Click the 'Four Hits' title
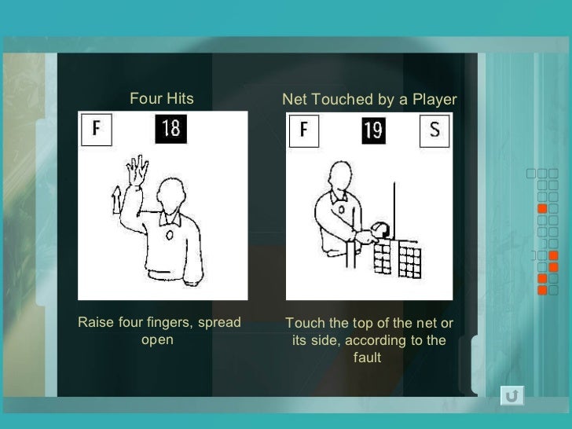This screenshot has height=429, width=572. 161,99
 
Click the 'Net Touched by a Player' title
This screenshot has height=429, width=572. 369,100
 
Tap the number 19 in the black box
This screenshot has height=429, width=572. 373,130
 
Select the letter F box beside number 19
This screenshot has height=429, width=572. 303,130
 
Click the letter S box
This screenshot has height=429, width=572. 434,130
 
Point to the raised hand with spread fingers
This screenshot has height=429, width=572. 139,168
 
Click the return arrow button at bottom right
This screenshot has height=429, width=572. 511,395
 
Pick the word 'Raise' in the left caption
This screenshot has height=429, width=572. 93,323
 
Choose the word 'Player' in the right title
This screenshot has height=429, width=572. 433,100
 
